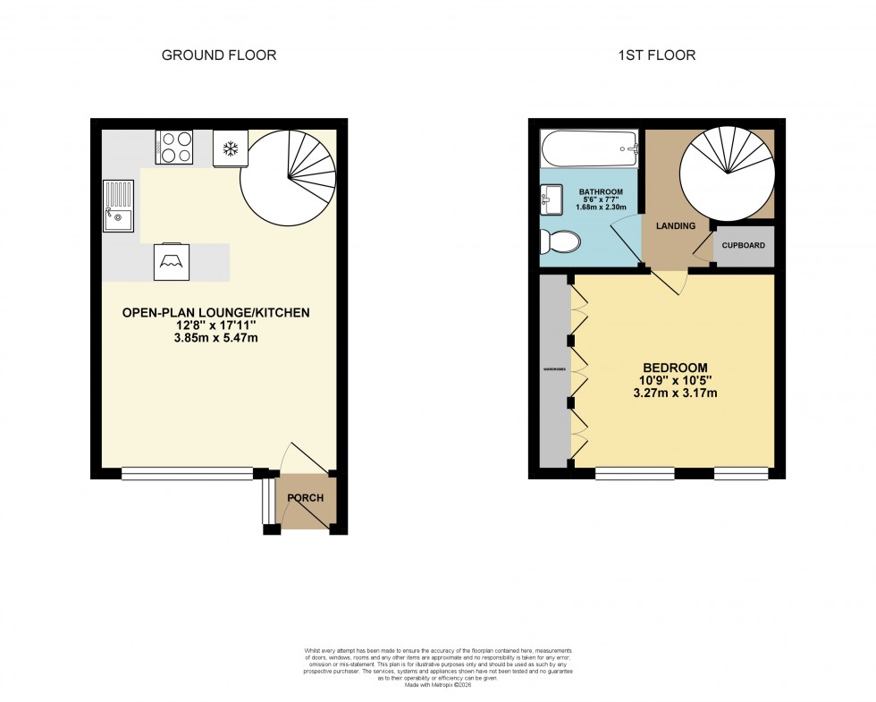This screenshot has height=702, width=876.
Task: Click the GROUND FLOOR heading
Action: pyautogui.click(x=218, y=55)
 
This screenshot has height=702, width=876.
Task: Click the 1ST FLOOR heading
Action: pyautogui.click(x=656, y=55)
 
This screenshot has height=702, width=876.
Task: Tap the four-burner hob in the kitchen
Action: pyautogui.click(x=173, y=147)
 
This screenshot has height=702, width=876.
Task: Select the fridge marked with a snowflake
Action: pyautogui.click(x=230, y=148)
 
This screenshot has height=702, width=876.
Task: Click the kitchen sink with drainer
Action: pyautogui.click(x=117, y=206)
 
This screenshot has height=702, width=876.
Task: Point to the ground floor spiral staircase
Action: pyautogui.click(x=288, y=175)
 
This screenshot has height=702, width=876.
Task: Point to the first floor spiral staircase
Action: pyautogui.click(x=726, y=170)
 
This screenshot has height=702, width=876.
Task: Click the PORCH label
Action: pyautogui.click(x=306, y=498)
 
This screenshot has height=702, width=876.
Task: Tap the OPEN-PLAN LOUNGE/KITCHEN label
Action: pyautogui.click(x=216, y=313)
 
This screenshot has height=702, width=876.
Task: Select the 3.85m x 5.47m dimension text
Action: pyautogui.click(x=216, y=339)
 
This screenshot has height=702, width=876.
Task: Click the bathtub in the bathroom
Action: pyautogui.click(x=589, y=148)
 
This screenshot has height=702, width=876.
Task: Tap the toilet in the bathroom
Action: pyautogui.click(x=560, y=241)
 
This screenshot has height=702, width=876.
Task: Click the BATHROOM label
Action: pyautogui.click(x=600, y=192)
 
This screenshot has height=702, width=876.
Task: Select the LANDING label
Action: pyautogui.click(x=675, y=226)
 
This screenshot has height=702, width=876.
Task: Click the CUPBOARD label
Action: pyautogui.click(x=744, y=245)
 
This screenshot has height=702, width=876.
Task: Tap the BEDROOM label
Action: pyautogui.click(x=676, y=368)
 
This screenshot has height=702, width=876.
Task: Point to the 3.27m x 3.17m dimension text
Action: pyautogui.click(x=676, y=393)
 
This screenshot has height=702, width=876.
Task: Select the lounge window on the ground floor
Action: pyautogui.click(x=187, y=474)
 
